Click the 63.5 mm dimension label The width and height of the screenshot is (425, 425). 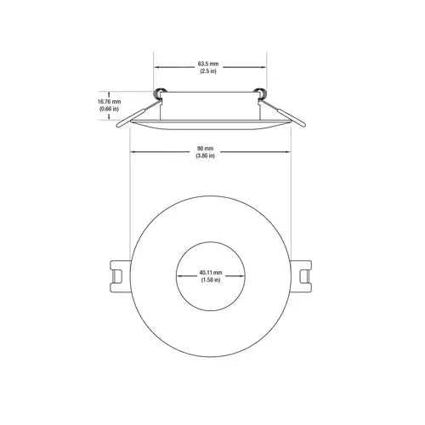(x=209, y=63)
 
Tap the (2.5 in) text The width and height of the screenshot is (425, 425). (x=209, y=71)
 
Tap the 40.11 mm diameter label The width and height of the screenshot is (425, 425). (x=210, y=273)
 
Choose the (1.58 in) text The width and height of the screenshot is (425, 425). (x=210, y=280)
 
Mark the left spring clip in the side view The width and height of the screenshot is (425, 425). (x=135, y=111)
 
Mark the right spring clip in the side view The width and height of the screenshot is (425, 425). (x=284, y=111)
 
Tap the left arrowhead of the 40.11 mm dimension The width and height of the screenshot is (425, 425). (x=178, y=277)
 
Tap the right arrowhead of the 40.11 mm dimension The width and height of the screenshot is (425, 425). (x=241, y=277)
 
